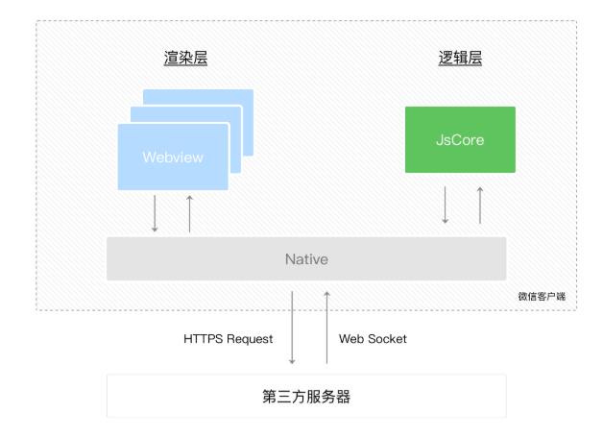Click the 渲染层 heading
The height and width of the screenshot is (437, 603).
tap(185, 58)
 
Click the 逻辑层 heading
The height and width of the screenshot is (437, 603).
tap(460, 58)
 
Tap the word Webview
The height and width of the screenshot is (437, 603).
tap(173, 157)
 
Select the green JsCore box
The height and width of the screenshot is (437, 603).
tap(460, 139)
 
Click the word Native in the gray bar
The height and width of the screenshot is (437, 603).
tap(306, 259)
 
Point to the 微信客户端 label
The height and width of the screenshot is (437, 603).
tap(542, 296)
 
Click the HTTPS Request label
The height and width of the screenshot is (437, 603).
tap(229, 339)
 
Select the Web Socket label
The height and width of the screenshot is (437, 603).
tap(373, 339)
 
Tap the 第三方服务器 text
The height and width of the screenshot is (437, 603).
tap(306, 397)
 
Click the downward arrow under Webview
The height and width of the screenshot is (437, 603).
tap(155, 213)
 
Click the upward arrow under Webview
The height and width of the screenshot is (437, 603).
tap(189, 213)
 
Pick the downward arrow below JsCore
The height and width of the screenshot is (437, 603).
tap(445, 205)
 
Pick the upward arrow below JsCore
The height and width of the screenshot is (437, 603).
tap(480, 205)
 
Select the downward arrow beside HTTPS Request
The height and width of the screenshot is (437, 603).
tap(292, 328)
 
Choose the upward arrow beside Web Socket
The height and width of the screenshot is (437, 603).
tap(326, 328)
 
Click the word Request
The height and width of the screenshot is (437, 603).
tap(250, 339)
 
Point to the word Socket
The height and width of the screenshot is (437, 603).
tap(387, 339)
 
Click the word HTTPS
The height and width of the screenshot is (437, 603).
tap(204, 339)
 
